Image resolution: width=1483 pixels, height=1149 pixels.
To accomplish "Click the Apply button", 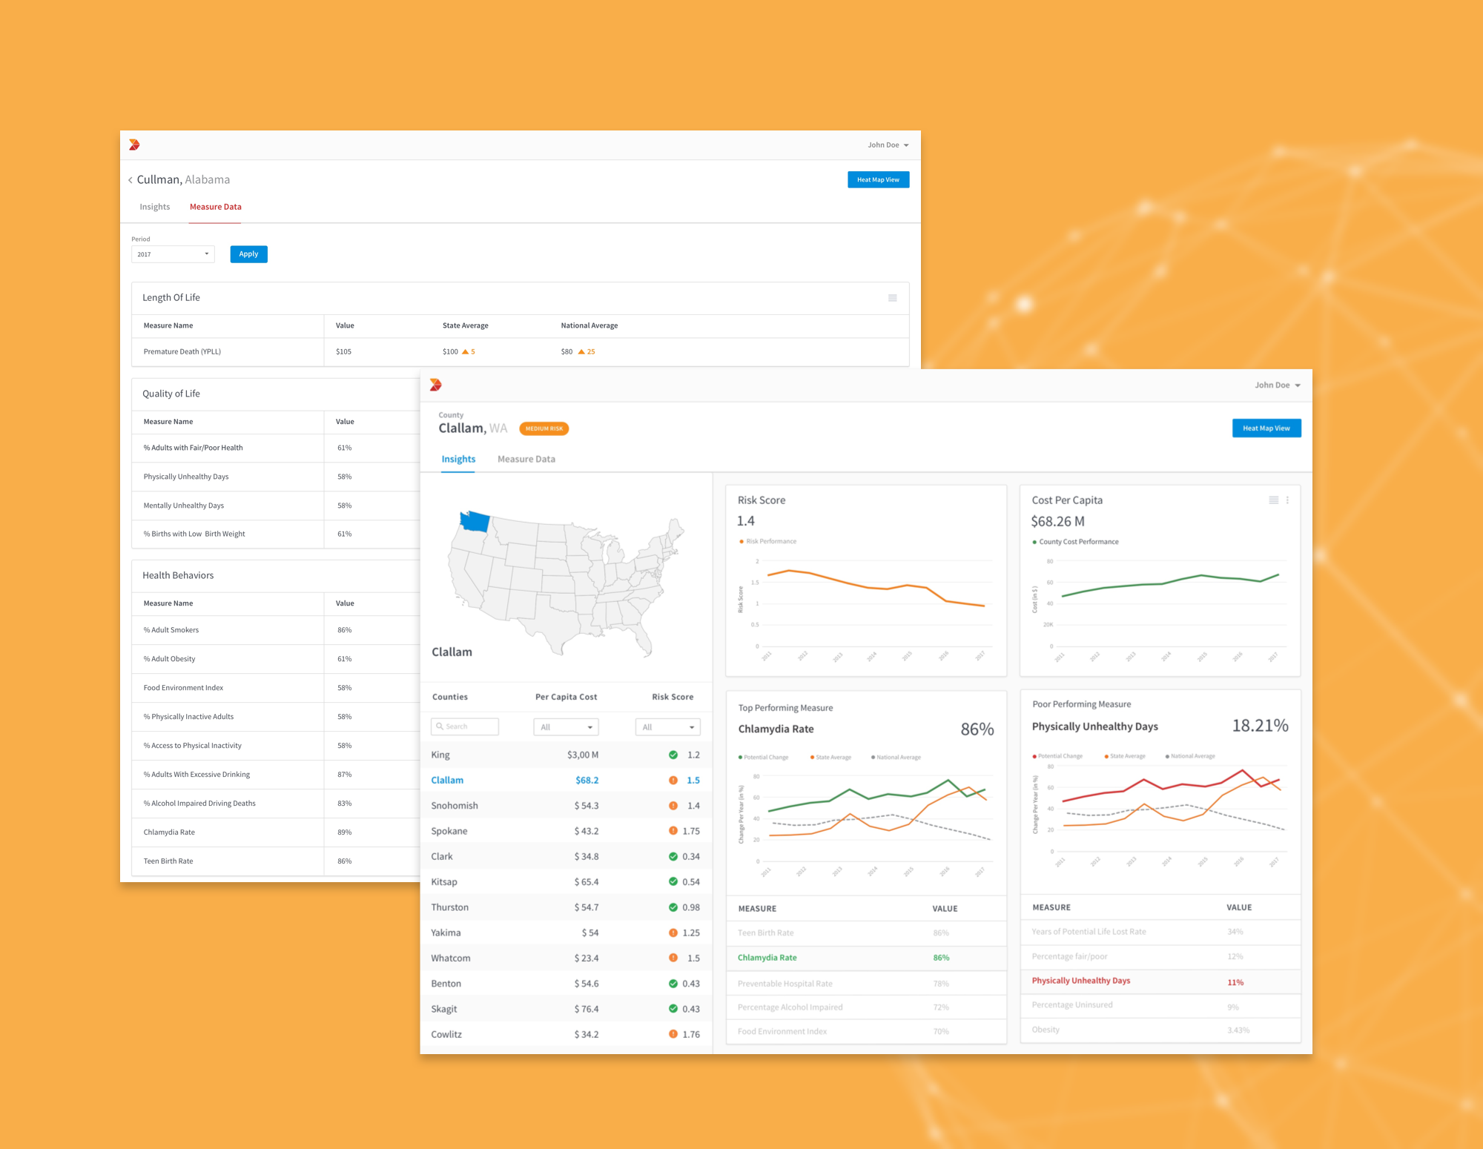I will pyautogui.click(x=248, y=254).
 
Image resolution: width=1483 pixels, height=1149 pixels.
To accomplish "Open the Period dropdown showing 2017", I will pyautogui.click(x=173, y=254).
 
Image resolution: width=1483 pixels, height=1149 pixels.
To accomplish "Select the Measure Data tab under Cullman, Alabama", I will pyautogui.click(x=215, y=207).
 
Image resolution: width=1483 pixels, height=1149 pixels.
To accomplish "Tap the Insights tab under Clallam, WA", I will pyautogui.click(x=458, y=460).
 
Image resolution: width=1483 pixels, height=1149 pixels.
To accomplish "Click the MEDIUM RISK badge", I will pyautogui.click(x=544, y=428).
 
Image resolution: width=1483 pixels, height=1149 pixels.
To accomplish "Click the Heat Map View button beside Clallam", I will pyautogui.click(x=1266, y=428).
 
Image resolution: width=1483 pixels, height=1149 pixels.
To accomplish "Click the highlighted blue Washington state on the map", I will pyautogui.click(x=475, y=521).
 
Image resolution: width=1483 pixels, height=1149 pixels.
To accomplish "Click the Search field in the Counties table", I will pyautogui.click(x=465, y=726).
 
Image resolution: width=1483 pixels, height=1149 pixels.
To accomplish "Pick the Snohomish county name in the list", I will pyautogui.click(x=455, y=806).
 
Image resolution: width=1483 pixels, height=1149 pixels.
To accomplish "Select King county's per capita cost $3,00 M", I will pyautogui.click(x=583, y=755).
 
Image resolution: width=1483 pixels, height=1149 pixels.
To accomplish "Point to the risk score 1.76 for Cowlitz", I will pyautogui.click(x=691, y=1034).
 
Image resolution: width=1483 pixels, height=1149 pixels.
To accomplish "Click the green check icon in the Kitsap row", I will pyautogui.click(x=673, y=881).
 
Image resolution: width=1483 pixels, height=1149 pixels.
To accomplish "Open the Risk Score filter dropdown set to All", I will pyautogui.click(x=667, y=727).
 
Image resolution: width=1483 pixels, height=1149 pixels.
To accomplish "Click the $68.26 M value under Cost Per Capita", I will pyautogui.click(x=1057, y=522).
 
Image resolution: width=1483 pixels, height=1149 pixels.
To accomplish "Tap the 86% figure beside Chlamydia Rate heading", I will pyautogui.click(x=977, y=729).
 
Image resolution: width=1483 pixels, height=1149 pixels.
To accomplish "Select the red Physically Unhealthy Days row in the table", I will pyautogui.click(x=1081, y=981).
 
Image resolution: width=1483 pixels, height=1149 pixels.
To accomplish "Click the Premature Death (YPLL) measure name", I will pyautogui.click(x=182, y=351).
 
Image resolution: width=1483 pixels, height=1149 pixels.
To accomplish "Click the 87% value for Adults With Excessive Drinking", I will pyautogui.click(x=345, y=775).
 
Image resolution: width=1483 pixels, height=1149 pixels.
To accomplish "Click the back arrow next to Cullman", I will pyautogui.click(x=131, y=180).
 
